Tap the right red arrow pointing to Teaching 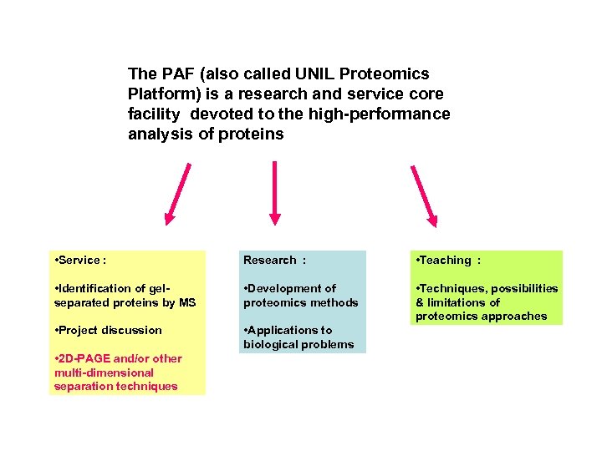(422, 195)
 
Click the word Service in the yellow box (79, 261)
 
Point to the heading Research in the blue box (269, 261)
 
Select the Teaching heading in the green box (446, 261)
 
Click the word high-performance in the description (388, 114)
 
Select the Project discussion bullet (108, 330)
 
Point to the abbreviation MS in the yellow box (186, 302)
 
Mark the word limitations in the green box (457, 302)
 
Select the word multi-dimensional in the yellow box (104, 372)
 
